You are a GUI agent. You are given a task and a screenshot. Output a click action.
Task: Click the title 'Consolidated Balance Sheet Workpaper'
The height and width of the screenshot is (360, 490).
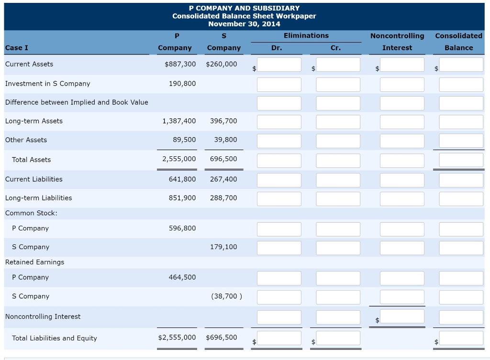pyautogui.click(x=244, y=16)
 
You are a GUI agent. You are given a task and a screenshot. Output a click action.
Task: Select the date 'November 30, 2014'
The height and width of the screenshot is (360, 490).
pyautogui.click(x=244, y=24)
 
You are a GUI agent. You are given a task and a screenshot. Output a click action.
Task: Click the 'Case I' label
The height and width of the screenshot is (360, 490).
pyautogui.click(x=17, y=48)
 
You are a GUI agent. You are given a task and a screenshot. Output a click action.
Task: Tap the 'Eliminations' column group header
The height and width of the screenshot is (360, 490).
pyautogui.click(x=306, y=36)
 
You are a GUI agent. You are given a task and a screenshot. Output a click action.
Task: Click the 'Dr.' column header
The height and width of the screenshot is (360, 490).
pyautogui.click(x=277, y=48)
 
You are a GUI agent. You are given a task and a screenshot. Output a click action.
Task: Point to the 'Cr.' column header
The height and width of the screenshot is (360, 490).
pyautogui.click(x=335, y=48)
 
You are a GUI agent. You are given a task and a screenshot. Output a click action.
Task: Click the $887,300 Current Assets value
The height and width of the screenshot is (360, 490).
pyautogui.click(x=180, y=64)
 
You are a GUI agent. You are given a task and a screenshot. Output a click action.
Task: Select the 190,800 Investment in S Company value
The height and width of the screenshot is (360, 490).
pyautogui.click(x=182, y=84)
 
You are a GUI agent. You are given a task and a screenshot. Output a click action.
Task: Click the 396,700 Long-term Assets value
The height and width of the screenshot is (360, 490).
pyautogui.click(x=223, y=121)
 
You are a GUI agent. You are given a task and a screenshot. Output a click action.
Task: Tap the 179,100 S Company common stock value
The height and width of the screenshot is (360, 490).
pyautogui.click(x=223, y=247)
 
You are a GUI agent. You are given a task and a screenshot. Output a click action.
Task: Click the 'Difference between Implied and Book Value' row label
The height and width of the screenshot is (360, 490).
pyautogui.click(x=77, y=102)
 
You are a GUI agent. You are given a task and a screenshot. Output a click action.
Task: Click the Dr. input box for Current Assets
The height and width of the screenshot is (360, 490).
pyautogui.click(x=279, y=65)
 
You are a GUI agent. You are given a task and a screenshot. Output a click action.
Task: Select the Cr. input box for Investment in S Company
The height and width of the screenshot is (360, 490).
pyautogui.click(x=338, y=85)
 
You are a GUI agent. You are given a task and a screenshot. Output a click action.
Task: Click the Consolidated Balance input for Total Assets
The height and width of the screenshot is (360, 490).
pyautogui.click(x=461, y=160)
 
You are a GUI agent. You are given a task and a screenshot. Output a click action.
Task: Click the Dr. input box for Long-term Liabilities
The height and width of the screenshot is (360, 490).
pyautogui.click(x=279, y=199)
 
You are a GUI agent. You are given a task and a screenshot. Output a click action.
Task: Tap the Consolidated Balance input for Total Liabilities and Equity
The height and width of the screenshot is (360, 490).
pyautogui.click(x=461, y=338)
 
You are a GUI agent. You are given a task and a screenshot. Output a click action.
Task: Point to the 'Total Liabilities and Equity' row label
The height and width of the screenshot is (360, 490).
pyautogui.click(x=55, y=338)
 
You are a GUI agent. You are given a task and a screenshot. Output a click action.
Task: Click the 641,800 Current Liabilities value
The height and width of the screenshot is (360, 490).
pyautogui.click(x=182, y=179)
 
